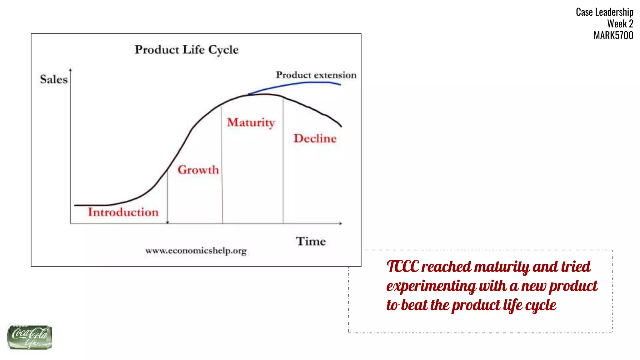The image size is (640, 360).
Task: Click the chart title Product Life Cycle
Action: (x=187, y=50)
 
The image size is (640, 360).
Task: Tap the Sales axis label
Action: (x=54, y=79)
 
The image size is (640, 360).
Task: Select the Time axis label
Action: (x=311, y=241)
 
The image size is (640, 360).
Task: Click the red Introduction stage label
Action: (x=123, y=212)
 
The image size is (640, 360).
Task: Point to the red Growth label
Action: (x=198, y=170)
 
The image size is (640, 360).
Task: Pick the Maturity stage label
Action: (x=251, y=122)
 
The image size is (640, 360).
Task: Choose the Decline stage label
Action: (x=315, y=138)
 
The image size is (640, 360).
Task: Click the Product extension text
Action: (x=316, y=75)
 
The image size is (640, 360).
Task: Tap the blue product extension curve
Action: (x=300, y=83)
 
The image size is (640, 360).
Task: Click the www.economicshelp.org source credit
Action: (x=196, y=251)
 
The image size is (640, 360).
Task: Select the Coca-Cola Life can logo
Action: (x=29, y=337)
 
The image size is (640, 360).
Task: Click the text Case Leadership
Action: (x=604, y=12)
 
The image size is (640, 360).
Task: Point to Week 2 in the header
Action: (x=620, y=24)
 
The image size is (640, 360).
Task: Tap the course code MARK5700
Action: (x=613, y=35)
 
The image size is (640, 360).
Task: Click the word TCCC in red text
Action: (x=402, y=267)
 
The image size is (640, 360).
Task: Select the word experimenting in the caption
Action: (x=431, y=286)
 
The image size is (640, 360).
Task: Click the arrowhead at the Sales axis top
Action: (x=70, y=70)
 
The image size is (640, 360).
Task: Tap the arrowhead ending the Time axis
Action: (x=341, y=223)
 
